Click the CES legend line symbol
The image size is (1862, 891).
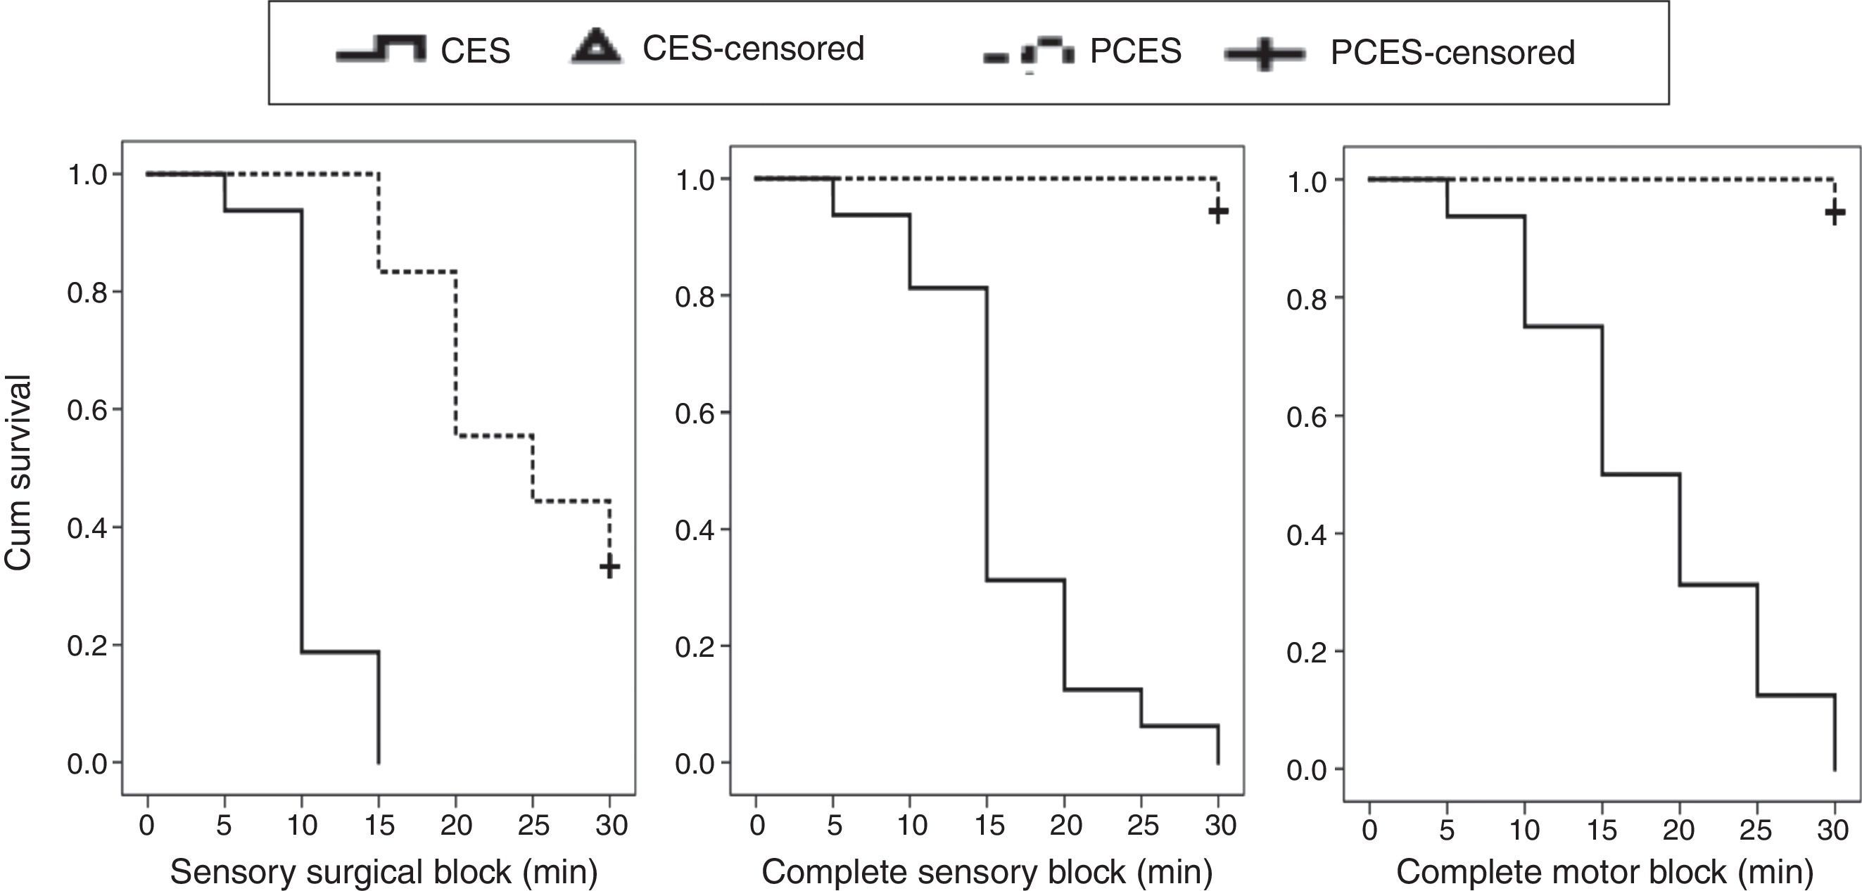(x=381, y=51)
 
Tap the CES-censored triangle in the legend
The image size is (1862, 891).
(x=595, y=48)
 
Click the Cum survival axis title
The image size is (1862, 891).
(x=18, y=473)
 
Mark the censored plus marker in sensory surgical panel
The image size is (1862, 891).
(x=609, y=567)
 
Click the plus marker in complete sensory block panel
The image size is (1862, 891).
(x=1218, y=212)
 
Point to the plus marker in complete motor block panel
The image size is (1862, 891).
(x=1835, y=212)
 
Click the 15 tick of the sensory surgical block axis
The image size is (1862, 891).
(x=379, y=824)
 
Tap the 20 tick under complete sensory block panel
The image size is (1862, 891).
(x=1065, y=824)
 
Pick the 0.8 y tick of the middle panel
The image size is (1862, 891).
(x=695, y=297)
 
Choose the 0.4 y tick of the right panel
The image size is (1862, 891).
(x=1307, y=534)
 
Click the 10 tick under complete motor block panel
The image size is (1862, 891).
(x=1524, y=831)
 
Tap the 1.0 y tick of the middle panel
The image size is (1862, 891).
(x=695, y=180)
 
